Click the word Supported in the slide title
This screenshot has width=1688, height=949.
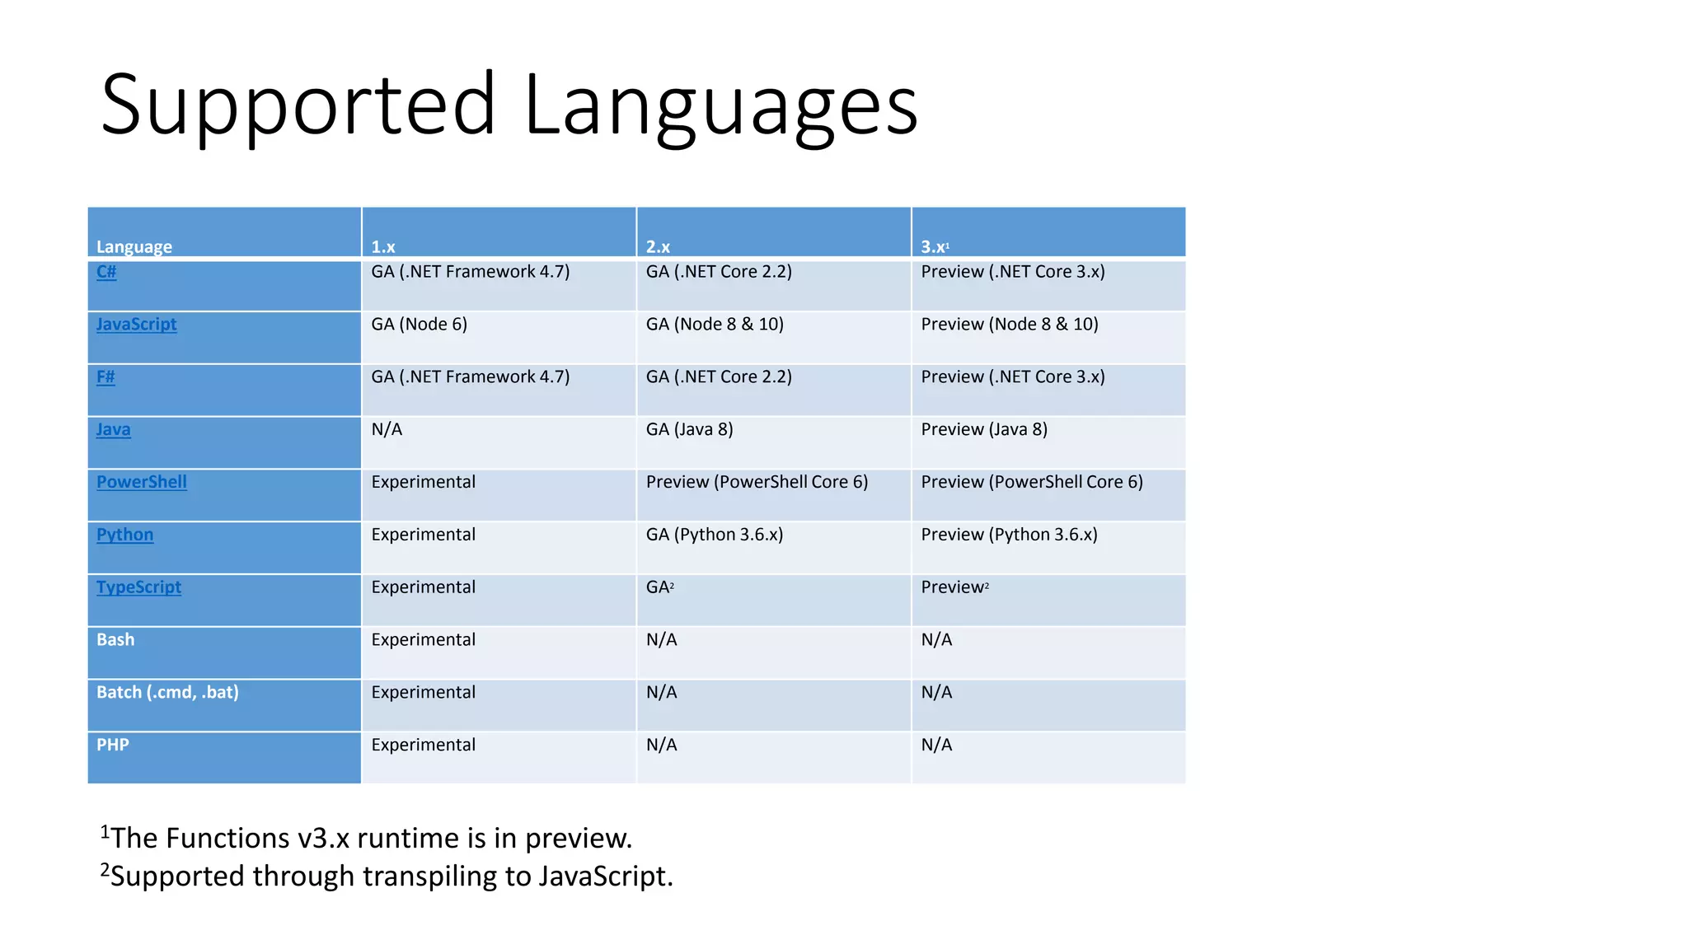(298, 106)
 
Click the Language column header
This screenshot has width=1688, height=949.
(134, 246)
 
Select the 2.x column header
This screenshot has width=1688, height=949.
(658, 246)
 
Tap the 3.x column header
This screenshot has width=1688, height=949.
(935, 246)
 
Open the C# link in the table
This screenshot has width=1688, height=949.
(106, 272)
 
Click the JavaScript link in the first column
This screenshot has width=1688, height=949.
(136, 325)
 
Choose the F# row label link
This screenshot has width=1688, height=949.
(105, 377)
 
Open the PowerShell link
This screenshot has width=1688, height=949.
(141, 482)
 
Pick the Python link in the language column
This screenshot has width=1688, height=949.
(124, 535)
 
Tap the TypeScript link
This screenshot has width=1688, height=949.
(138, 587)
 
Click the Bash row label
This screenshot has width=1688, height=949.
(115, 640)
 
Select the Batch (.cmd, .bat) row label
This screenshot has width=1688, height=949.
(167, 693)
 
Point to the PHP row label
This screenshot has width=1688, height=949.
(113, 746)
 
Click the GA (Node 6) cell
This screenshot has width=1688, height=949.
(419, 325)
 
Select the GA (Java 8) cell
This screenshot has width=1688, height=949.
(689, 430)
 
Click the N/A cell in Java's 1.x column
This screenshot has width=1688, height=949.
(387, 430)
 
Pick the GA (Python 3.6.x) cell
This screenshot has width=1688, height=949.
(714, 535)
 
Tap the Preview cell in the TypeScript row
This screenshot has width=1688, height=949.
(953, 587)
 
